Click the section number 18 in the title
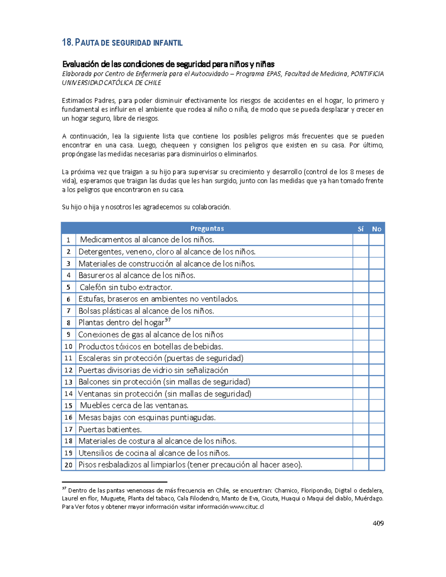coord(67,43)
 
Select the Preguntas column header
coord(207,228)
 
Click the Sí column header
coord(361,229)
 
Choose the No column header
coord(376,229)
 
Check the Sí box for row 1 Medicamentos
coord(361,240)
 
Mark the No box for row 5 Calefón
coord(376,287)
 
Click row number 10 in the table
coord(68,347)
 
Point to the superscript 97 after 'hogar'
coord(168,320)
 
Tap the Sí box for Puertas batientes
coord(361,429)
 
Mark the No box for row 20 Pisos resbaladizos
coord(376,465)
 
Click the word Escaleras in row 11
coord(94,358)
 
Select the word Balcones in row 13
coord(94,382)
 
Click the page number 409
coord(378,523)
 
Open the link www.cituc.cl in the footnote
coord(247,507)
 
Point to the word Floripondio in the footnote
coord(316,490)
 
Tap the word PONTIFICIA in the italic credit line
coord(367,74)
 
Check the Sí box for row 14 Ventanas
coord(361,394)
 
